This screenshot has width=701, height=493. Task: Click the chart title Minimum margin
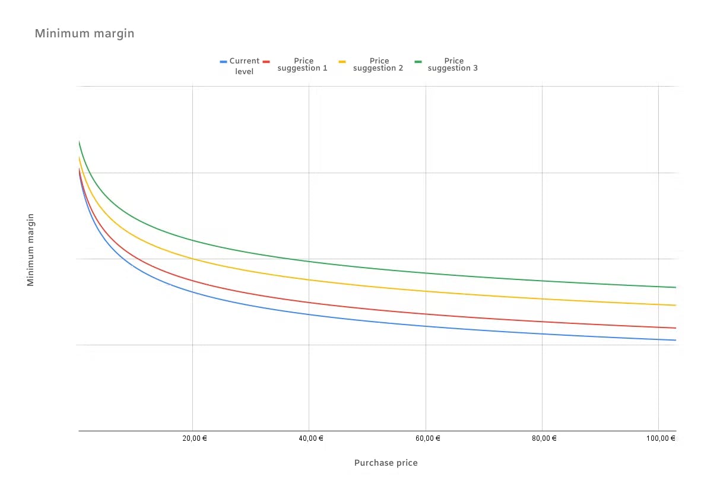coord(84,33)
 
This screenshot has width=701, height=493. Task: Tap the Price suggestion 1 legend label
coord(303,65)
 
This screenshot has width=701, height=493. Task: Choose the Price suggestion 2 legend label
coord(378,65)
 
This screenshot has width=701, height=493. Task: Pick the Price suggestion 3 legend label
coord(453,65)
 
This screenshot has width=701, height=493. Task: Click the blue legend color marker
coord(224,61)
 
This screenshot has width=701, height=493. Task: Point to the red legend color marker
coord(267,61)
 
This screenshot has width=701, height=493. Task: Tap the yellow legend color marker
coord(342,61)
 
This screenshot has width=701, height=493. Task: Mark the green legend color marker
coord(418,61)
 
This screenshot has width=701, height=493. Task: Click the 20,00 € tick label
coord(192,438)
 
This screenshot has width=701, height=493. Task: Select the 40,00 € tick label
coord(309,438)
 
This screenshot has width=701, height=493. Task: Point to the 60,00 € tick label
coord(425,438)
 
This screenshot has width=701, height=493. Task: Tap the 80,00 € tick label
coord(542,438)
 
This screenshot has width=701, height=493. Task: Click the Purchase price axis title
coord(386,463)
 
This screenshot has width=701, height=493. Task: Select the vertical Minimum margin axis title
coord(31,250)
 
